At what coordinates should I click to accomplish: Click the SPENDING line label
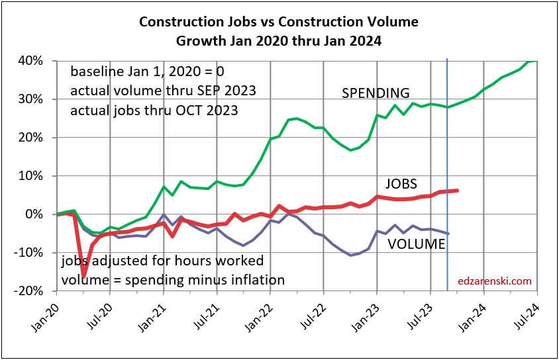click(376, 93)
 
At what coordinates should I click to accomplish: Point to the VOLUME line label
click(417, 244)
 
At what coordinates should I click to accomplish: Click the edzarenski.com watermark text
click(495, 281)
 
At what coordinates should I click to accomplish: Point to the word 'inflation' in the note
click(256, 279)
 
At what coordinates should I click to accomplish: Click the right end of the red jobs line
click(458, 191)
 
